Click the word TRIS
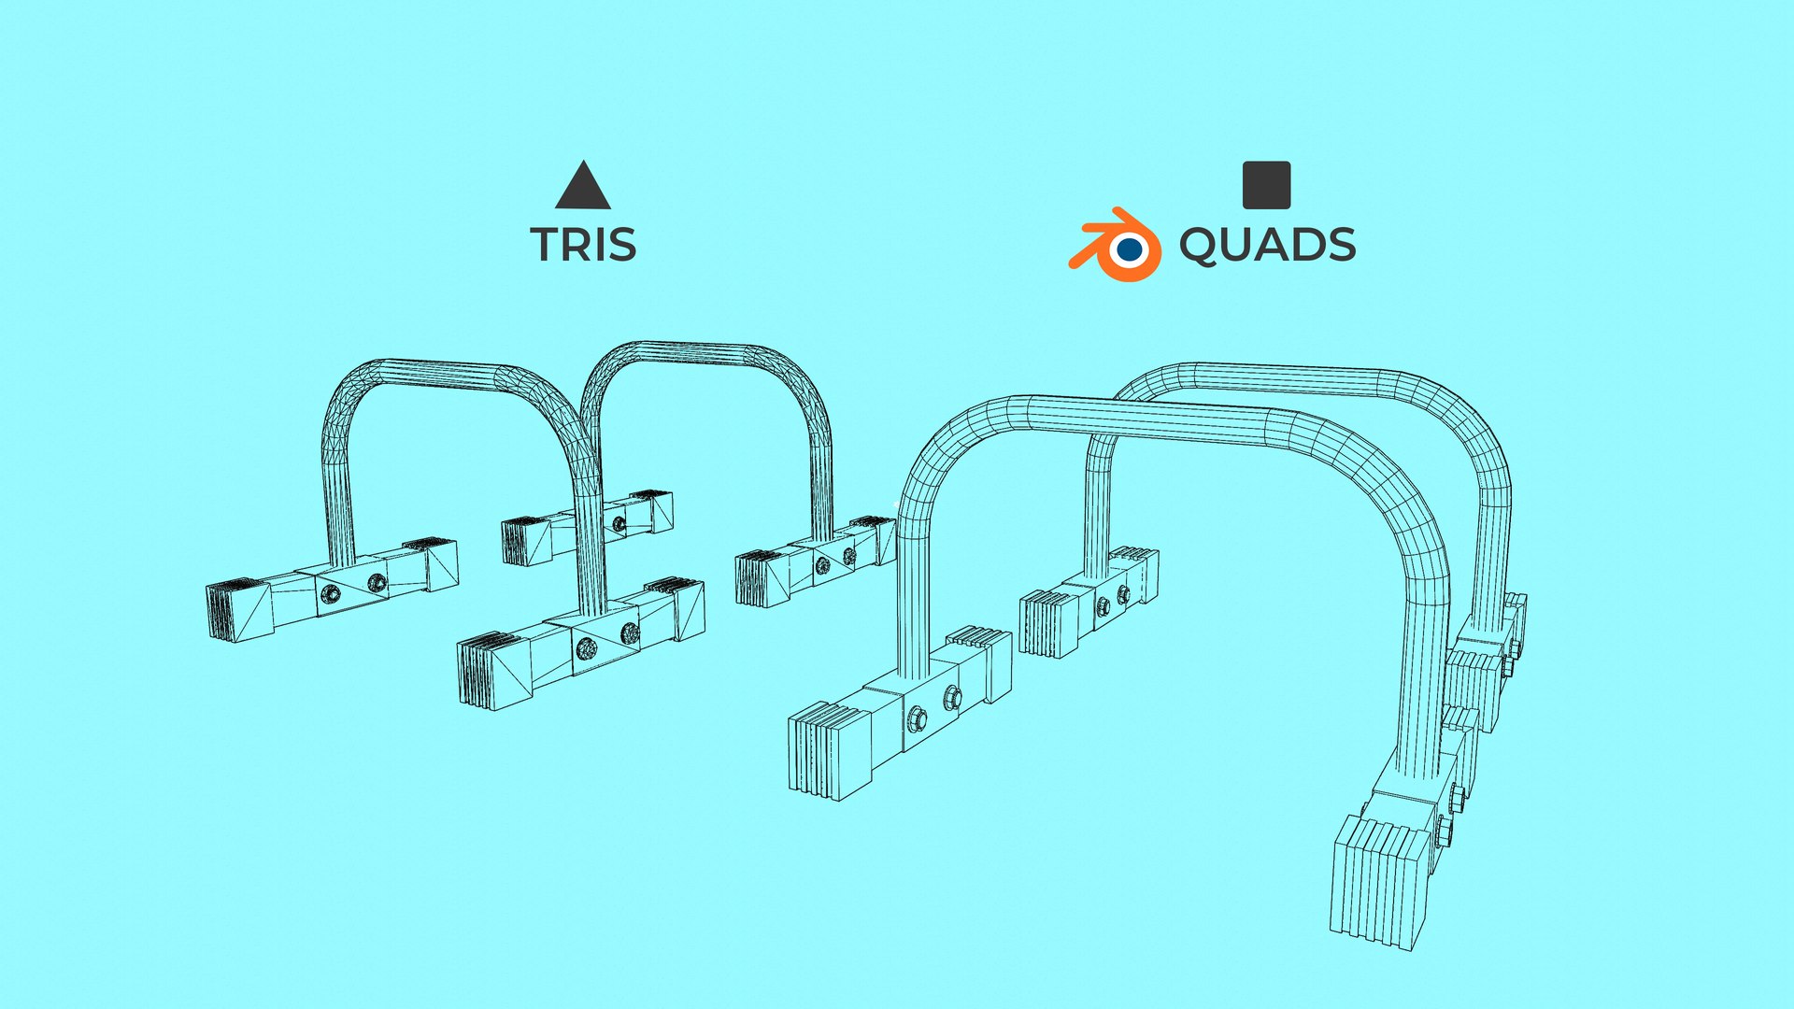coord(583,245)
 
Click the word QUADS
coord(1266,245)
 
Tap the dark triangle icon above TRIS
coord(583,187)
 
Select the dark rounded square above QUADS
coord(1266,185)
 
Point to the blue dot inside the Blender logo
coord(1130,249)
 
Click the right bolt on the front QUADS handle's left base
coord(952,696)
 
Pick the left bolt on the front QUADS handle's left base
coord(917,718)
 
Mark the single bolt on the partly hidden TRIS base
coord(618,522)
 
